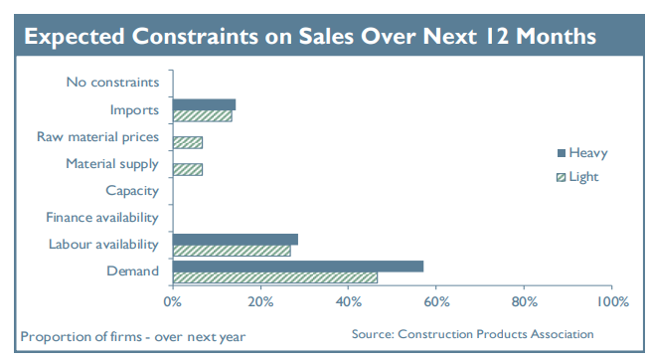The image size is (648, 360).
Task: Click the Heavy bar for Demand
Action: [297, 266]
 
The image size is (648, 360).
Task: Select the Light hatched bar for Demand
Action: [274, 277]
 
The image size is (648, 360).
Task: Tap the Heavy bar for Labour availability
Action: [235, 239]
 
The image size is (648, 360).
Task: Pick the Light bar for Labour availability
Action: [231, 251]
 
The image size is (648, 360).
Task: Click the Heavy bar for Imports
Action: [204, 104]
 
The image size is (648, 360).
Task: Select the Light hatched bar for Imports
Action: [202, 116]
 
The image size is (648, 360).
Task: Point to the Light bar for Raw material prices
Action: [187, 142]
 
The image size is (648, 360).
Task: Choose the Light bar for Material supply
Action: [187, 169]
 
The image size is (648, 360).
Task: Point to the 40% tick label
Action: [348, 300]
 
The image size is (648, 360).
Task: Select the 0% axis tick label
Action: [172, 300]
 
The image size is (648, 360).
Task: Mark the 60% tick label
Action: [435, 300]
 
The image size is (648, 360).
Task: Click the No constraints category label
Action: [111, 83]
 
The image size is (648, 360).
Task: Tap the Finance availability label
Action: [102, 217]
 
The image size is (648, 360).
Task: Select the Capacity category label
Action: [132, 190]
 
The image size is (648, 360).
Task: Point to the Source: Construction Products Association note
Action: [472, 334]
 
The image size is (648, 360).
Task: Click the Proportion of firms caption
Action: [133, 336]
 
